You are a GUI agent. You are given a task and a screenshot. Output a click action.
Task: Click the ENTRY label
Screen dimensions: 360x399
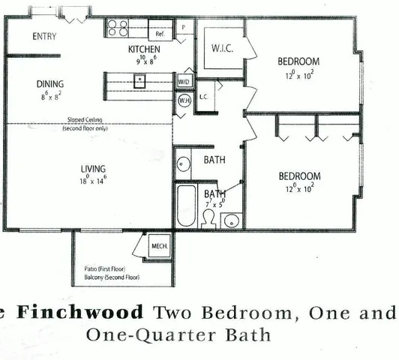44,36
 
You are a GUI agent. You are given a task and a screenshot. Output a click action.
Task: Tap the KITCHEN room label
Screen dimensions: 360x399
145,49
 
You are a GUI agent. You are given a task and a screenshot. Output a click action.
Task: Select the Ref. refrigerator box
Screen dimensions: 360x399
160,34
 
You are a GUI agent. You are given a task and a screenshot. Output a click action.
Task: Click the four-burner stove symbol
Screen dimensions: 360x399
118,28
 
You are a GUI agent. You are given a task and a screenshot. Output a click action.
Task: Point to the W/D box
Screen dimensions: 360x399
184,81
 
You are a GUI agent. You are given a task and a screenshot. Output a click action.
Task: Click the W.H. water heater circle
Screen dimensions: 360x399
184,99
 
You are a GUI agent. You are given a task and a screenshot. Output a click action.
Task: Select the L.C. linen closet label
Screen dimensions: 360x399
203,97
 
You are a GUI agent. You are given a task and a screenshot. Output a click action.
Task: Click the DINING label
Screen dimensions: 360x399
50,83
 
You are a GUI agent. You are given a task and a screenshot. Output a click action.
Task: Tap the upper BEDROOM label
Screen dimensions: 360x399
298,61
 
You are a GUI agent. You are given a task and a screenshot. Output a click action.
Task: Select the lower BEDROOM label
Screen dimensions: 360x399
299,176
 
